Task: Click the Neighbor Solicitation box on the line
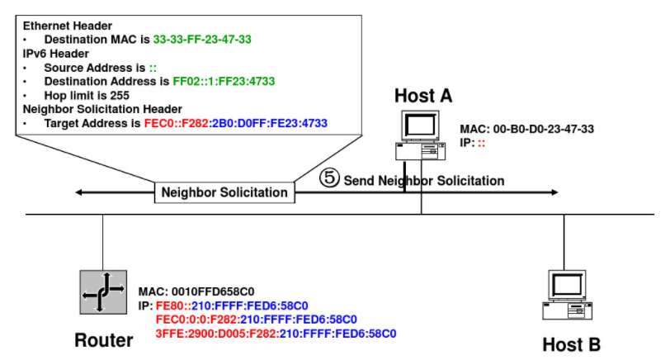pyautogui.click(x=224, y=192)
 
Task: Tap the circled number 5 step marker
pyautogui.click(x=330, y=178)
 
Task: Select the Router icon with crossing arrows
pyautogui.click(x=103, y=291)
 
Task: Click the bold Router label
pyautogui.click(x=104, y=340)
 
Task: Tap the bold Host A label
pyautogui.click(x=423, y=96)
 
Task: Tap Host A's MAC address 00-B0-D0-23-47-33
pyautogui.click(x=545, y=129)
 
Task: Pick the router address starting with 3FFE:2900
pyautogui.click(x=276, y=334)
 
